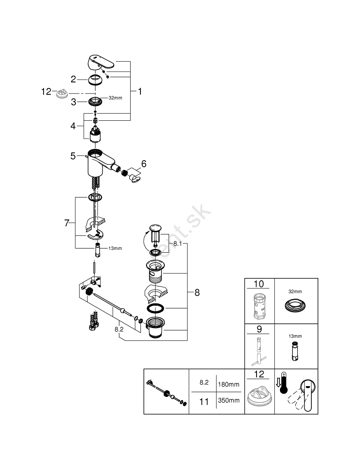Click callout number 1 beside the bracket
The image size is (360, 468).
pyautogui.click(x=139, y=92)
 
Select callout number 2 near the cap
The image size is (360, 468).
pyautogui.click(x=73, y=79)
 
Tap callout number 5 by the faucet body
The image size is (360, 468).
pyautogui.click(x=73, y=156)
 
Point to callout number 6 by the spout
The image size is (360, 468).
pyautogui.click(x=144, y=164)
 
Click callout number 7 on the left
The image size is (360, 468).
pyautogui.click(x=66, y=223)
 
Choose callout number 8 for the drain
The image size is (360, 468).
pyautogui.click(x=197, y=292)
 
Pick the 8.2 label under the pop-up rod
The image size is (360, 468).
pyautogui.click(x=119, y=329)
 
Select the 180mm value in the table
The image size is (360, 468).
pyautogui.click(x=228, y=384)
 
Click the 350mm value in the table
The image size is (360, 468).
pyautogui.click(x=228, y=401)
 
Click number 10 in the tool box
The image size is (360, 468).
pyautogui.click(x=258, y=284)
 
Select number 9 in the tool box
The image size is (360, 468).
pyautogui.click(x=258, y=329)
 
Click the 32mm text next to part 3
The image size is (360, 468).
pyautogui.click(x=115, y=98)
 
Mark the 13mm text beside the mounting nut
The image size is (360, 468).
pyautogui.click(x=115, y=248)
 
